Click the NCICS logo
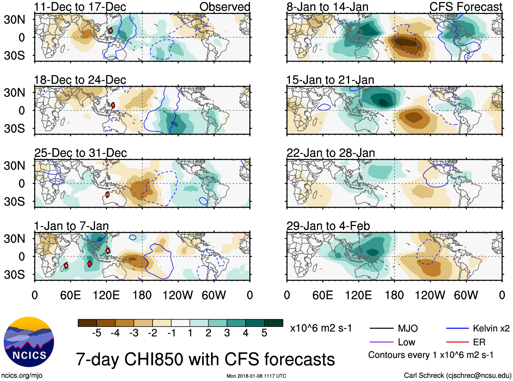pos(29,342)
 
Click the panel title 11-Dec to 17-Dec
pos(80,7)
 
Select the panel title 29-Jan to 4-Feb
pos(328,226)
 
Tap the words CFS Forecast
pos(465,7)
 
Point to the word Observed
pos(225,7)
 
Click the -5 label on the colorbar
pos(96,333)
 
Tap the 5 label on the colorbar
pos(264,333)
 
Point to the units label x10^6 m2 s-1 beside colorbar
pos(321,328)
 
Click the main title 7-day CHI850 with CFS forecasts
pos(205,359)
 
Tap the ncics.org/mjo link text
pos(22,375)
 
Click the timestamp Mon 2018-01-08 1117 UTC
pos(256,376)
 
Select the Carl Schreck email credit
pos(457,375)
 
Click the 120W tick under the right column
pos(430,295)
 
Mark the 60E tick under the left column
pos(70,295)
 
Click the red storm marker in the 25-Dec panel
pos(107,195)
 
